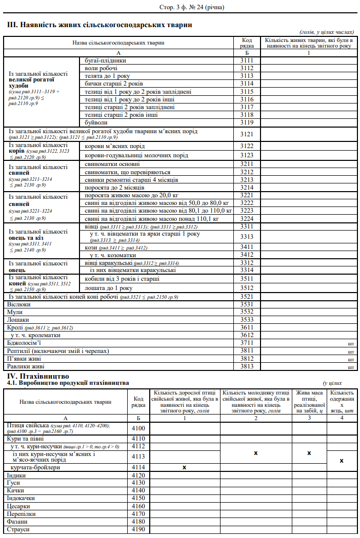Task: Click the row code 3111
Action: point(247,60)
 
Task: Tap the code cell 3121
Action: point(247,134)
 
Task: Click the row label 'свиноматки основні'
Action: point(112,164)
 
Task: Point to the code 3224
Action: point(247,219)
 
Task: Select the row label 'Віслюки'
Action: point(18,304)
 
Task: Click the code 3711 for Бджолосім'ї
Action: point(247,343)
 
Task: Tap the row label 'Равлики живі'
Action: point(26,366)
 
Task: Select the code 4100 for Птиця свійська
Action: point(138,428)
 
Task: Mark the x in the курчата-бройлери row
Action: point(184,467)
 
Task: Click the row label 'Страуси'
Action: point(18,529)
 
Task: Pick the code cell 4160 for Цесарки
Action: point(138,506)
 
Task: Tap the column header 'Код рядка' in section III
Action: point(247,43)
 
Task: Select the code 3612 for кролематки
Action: point(247,335)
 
